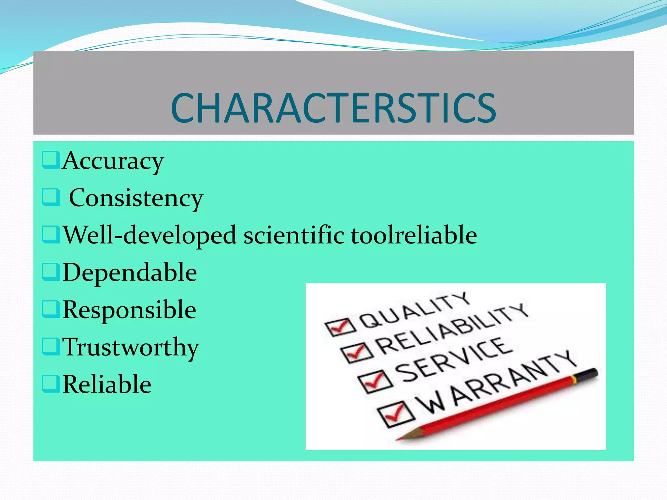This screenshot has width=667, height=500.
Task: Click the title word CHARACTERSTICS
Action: point(333,108)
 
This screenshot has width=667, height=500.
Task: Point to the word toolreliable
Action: point(414,235)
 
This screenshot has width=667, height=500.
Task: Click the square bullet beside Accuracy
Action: point(51,160)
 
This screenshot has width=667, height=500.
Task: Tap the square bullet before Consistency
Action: point(51,197)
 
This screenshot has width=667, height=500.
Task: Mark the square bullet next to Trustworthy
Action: point(51,346)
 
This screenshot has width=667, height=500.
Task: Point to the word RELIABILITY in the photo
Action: point(451,329)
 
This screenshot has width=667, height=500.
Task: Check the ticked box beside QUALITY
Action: point(340,326)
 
